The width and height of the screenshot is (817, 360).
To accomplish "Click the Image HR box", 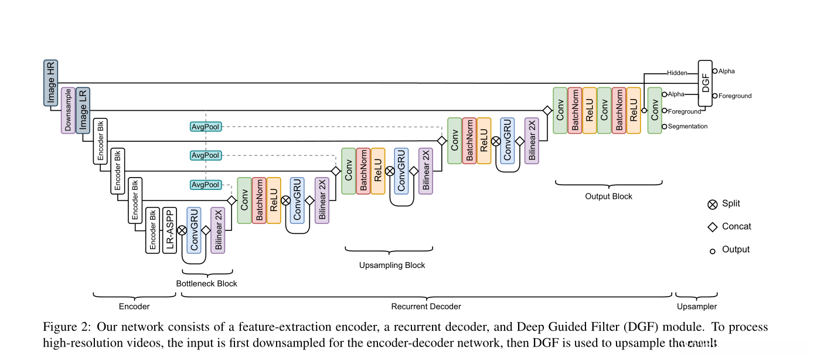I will pyautogui.click(x=51, y=83).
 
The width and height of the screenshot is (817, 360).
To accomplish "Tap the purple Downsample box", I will pyautogui.click(x=68, y=111).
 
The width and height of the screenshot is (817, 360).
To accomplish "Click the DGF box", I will pyautogui.click(x=706, y=83).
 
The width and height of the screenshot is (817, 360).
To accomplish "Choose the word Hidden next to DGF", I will pyautogui.click(x=676, y=73).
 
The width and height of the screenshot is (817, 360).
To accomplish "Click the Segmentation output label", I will pyautogui.click(x=688, y=127).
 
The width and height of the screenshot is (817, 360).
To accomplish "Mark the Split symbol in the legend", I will pyautogui.click(x=713, y=204).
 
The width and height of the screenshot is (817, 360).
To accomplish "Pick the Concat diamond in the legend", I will pyautogui.click(x=713, y=227).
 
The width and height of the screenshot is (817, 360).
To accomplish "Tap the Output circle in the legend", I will pyautogui.click(x=713, y=251).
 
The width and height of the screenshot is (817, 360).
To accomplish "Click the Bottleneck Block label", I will pyautogui.click(x=207, y=284).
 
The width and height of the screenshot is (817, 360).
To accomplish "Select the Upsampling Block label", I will pyautogui.click(x=392, y=265).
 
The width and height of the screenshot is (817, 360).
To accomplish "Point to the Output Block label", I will pyautogui.click(x=608, y=196).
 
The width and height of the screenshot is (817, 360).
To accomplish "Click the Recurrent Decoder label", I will pyautogui.click(x=426, y=307).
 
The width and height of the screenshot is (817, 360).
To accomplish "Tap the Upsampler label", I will pyautogui.click(x=697, y=307).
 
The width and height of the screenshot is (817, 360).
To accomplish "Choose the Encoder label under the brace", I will pyautogui.click(x=134, y=307).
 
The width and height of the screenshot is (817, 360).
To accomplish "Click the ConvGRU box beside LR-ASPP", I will pyautogui.click(x=194, y=230).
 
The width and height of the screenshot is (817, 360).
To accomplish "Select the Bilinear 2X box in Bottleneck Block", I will pyautogui.click(x=218, y=230).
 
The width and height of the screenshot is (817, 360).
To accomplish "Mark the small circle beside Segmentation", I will pyautogui.click(x=664, y=126).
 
